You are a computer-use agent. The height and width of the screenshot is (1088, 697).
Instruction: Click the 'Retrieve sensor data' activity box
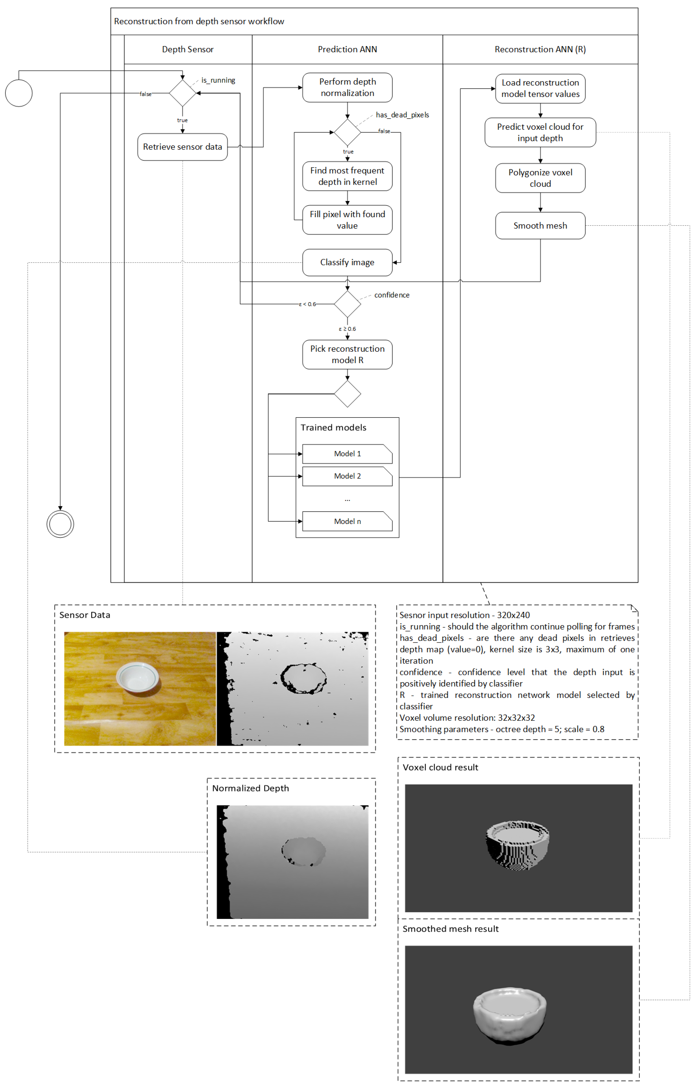182,147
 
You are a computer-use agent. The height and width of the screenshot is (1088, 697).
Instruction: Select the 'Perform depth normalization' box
347,87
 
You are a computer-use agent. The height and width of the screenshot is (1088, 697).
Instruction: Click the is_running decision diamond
182,93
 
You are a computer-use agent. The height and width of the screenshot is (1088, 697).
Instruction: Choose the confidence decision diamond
347,304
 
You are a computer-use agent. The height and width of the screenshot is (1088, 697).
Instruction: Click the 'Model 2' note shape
347,476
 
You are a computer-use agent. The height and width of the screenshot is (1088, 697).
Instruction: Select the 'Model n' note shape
347,521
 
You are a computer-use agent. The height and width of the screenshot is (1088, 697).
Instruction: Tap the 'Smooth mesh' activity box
540,225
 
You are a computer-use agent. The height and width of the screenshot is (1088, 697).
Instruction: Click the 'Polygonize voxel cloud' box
540,178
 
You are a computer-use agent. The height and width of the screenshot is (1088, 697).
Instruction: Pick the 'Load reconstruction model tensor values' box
540,88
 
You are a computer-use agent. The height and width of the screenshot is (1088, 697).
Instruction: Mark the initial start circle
19,93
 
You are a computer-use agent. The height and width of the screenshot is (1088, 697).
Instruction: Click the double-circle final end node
60,524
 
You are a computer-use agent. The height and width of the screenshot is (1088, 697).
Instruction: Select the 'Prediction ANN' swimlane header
347,49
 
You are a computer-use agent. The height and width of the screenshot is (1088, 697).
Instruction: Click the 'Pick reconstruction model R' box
347,354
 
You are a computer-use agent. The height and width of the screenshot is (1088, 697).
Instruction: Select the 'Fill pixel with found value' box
347,220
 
